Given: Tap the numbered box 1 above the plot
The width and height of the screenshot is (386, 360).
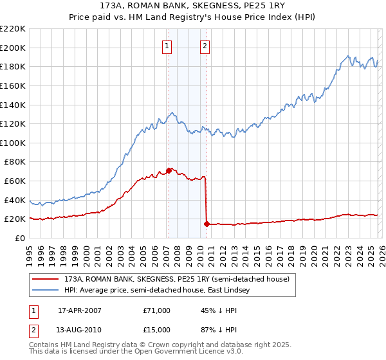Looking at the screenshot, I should [x=167, y=46].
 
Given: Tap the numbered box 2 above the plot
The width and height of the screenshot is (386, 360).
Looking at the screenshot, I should [x=205, y=46].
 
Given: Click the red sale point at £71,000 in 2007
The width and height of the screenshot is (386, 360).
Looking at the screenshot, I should [x=169, y=170].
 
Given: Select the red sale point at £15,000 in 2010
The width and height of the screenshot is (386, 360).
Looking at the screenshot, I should [x=207, y=224].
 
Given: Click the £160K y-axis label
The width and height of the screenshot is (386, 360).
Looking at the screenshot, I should [x=13, y=85].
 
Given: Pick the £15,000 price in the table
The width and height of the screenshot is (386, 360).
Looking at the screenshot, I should [x=157, y=331].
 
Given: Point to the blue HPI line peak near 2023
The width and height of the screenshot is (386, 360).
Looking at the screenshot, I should [x=347, y=56].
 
